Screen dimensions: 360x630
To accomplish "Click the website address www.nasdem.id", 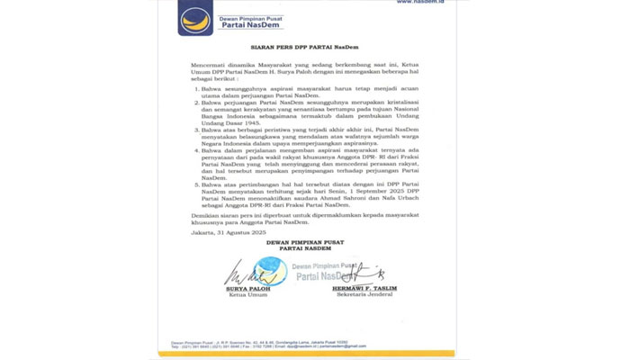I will pos(419,3).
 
